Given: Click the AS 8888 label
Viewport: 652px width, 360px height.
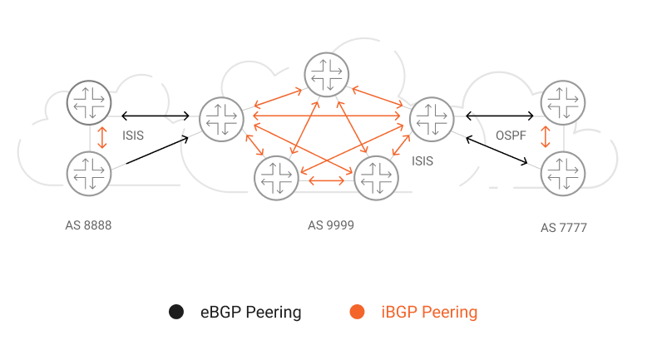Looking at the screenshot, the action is [88, 225].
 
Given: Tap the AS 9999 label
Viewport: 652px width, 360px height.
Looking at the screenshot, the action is [331, 225].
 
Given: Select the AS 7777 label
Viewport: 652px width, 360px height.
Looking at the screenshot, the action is [564, 228].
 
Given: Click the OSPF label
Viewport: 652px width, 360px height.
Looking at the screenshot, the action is [511, 136].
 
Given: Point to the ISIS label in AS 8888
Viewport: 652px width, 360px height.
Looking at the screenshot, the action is [133, 136].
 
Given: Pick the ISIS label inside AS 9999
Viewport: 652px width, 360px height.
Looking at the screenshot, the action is [422, 161].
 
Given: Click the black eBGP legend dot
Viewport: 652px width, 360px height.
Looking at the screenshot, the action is [176, 312].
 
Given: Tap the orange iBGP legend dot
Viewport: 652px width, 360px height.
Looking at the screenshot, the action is [358, 312].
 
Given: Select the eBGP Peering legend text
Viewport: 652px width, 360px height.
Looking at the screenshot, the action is [251, 313].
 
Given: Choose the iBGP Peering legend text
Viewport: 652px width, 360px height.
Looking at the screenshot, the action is [429, 313].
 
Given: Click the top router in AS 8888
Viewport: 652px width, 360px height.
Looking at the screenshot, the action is [89, 103].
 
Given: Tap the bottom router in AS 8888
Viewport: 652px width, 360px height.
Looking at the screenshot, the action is [89, 174].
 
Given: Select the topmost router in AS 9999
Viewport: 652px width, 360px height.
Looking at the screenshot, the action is [326, 75].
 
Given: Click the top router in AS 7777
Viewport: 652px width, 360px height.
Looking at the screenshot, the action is [563, 103].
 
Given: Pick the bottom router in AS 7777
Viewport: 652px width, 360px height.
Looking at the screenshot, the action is [563, 174].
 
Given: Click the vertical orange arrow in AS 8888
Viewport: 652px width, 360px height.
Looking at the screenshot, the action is [101, 138].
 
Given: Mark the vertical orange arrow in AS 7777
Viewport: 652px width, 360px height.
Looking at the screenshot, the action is [546, 137].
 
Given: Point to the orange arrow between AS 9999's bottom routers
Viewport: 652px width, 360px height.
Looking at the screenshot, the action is [326, 181].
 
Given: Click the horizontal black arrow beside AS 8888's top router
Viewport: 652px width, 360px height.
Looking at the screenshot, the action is [155, 116].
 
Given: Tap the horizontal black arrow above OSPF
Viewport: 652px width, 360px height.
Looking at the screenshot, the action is [499, 116].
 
